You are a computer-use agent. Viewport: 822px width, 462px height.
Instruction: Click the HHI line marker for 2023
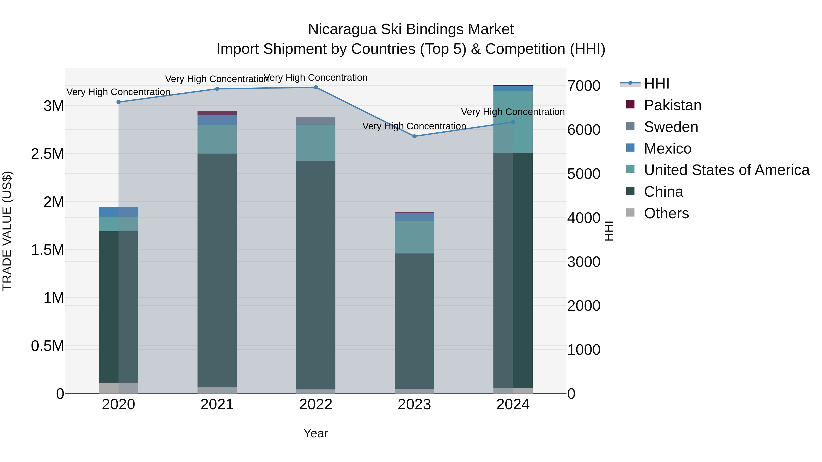(414, 136)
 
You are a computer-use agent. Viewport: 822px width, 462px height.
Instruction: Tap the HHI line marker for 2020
(118, 102)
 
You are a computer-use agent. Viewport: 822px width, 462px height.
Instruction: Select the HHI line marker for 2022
(316, 87)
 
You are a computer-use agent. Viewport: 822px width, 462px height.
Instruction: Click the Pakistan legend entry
(672, 105)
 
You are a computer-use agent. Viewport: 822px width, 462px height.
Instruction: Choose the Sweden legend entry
(671, 127)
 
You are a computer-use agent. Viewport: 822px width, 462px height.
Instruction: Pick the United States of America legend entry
(726, 170)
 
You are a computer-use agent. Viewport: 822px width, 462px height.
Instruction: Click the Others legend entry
(666, 213)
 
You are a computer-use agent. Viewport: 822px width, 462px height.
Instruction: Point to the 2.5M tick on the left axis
(47, 154)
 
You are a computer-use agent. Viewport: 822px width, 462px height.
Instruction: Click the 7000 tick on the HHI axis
(584, 86)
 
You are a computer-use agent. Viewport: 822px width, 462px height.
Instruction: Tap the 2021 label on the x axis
(217, 405)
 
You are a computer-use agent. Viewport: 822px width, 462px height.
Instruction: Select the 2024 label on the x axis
(513, 405)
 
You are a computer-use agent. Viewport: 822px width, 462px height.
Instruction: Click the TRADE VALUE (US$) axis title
(7, 231)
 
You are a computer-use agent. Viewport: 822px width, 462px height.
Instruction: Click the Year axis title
(316, 433)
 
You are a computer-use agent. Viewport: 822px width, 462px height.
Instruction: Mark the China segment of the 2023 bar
(414, 321)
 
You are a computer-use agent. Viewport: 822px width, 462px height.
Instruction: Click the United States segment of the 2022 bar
(316, 143)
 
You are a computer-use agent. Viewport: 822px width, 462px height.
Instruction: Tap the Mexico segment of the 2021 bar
(217, 120)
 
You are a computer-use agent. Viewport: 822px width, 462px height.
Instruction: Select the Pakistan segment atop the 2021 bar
(217, 113)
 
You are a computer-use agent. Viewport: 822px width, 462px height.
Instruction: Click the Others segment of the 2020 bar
(118, 388)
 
